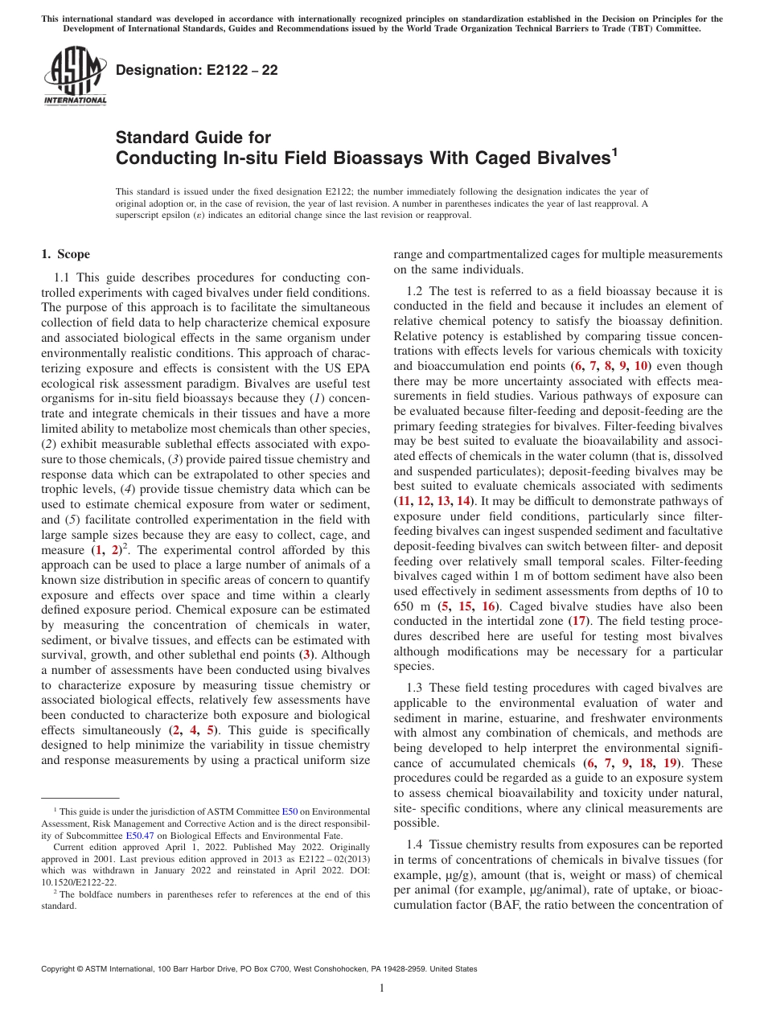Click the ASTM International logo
click(74, 76)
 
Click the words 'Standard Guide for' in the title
click(193, 138)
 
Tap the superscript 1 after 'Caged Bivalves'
click(614, 150)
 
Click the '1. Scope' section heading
click(66, 255)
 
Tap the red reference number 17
click(577, 620)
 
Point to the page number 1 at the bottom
click(382, 988)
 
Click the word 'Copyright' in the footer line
click(60, 969)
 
